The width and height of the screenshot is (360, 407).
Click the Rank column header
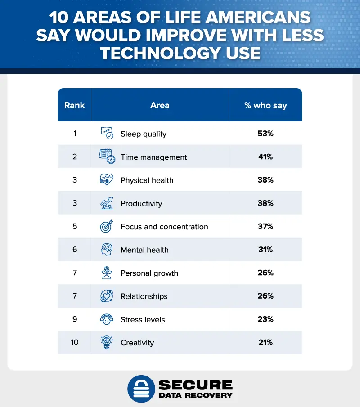[x=74, y=106]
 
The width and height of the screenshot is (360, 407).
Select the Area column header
[x=160, y=106]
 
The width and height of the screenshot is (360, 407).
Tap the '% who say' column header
[x=265, y=106]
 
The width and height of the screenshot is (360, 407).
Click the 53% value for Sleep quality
[x=265, y=134]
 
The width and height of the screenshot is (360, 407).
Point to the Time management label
[x=153, y=157]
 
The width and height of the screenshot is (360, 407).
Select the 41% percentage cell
[x=265, y=157]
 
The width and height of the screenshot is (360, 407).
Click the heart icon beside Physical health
[x=106, y=180]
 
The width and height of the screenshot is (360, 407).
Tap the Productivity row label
[x=141, y=203]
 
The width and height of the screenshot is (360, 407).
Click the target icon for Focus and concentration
[x=106, y=227]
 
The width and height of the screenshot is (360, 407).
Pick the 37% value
[x=265, y=227]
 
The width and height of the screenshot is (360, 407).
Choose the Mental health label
[x=144, y=250]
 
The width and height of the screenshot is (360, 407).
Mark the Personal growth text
[x=149, y=273]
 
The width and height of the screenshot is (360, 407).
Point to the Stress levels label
[x=143, y=320]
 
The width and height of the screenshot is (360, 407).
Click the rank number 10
[x=74, y=343]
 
